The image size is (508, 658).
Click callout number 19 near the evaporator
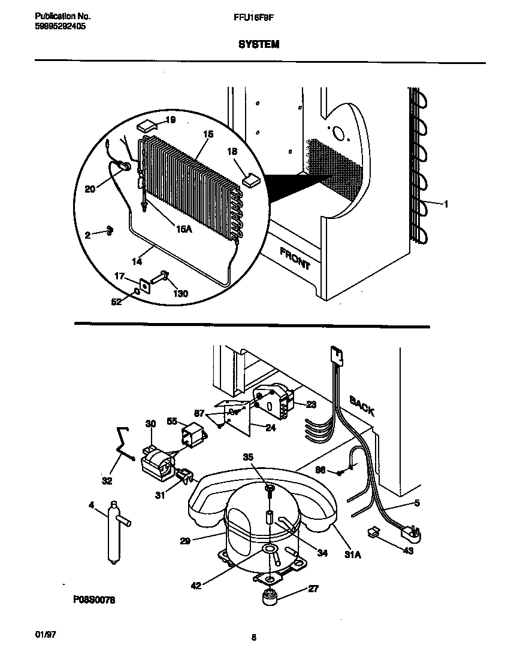pos(170,120)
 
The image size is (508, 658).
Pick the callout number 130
pos(180,294)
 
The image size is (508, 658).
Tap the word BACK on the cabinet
pos(362,406)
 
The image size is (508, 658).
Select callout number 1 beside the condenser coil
pos(446,204)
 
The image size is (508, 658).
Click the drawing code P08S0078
pos(94,599)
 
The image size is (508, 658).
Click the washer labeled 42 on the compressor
pos(269,550)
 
